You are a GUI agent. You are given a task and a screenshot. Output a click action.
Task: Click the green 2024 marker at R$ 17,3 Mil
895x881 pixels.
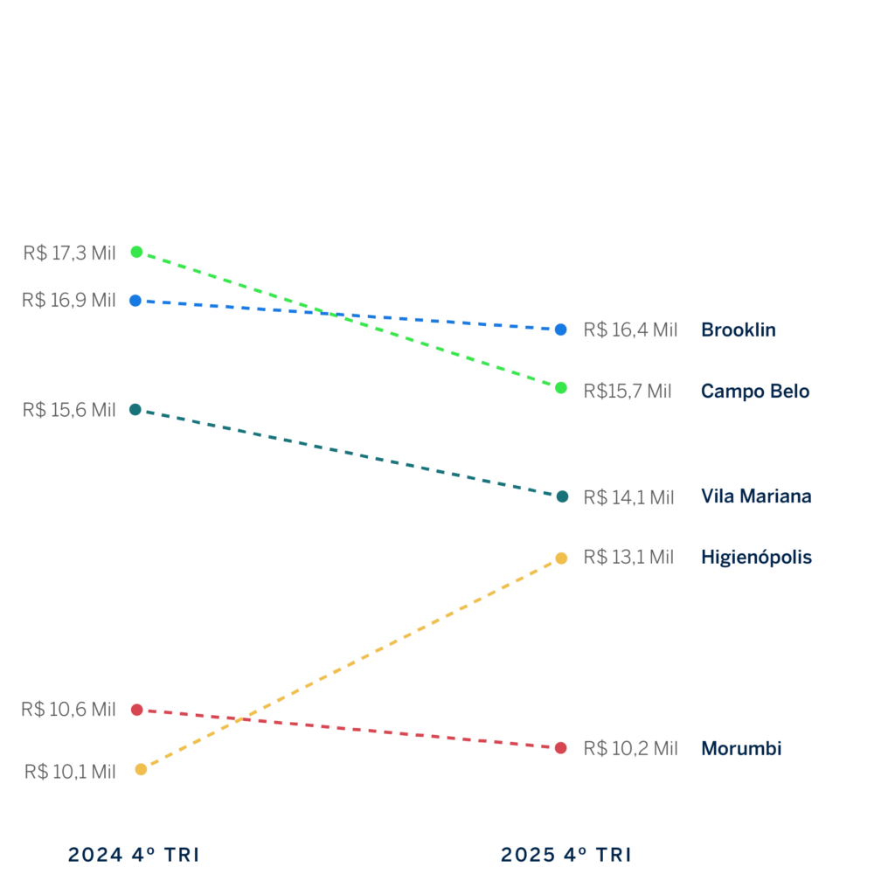[136, 252]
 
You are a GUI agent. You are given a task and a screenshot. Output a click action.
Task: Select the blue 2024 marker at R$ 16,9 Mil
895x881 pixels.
[135, 301]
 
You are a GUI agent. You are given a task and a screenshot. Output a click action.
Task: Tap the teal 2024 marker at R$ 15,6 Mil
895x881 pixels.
[135, 409]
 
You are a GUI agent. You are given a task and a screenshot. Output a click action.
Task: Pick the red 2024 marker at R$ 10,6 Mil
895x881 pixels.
[136, 710]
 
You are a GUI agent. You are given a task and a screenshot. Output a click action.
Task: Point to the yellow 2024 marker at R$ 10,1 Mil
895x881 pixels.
[141, 769]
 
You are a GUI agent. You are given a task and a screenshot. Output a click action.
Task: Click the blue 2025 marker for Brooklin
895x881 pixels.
[561, 330]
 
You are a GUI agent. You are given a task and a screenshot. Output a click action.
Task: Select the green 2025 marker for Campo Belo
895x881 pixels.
[561, 387]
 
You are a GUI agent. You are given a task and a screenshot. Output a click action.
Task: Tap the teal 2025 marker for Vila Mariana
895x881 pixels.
[562, 496]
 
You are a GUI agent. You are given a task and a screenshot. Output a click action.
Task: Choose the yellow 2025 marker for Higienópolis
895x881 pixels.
[561, 558]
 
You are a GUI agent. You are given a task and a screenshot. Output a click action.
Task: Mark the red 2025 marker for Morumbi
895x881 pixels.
[561, 748]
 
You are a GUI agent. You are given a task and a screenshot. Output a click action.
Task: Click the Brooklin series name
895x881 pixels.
[738, 330]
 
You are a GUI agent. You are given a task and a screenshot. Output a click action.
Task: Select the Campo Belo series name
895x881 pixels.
[754, 392]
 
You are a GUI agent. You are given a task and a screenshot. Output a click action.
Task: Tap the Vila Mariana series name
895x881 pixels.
[755, 496]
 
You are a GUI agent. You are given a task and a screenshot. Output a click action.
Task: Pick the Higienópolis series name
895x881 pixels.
[756, 558]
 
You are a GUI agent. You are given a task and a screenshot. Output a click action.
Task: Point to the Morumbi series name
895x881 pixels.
[740, 749]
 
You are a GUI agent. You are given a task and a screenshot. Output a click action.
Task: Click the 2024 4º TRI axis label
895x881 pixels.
[134, 855]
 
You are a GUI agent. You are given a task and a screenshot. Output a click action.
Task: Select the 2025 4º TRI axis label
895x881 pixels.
[565, 855]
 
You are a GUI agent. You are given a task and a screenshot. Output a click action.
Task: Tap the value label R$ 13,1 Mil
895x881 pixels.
[628, 558]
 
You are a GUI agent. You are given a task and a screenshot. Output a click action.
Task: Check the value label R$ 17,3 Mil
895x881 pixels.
[69, 253]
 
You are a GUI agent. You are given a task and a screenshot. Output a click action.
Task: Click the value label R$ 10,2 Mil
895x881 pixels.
[629, 749]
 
